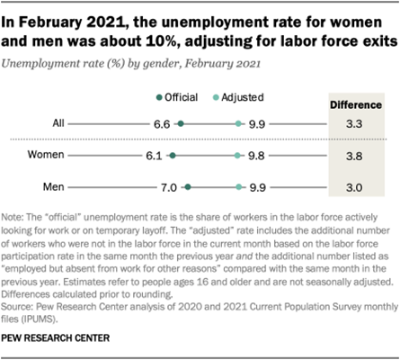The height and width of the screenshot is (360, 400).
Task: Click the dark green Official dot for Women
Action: [173, 156]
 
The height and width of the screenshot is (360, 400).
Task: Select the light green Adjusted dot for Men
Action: [237, 188]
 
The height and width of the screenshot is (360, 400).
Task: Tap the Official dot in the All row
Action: [181, 124]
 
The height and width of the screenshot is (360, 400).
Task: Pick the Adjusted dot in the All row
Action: [237, 124]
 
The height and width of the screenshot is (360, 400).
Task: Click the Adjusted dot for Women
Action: [236, 156]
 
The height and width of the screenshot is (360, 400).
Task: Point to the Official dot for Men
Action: [187, 188]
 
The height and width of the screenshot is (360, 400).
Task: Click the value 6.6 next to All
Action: [163, 124]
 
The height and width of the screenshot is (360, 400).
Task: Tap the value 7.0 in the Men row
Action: [169, 188]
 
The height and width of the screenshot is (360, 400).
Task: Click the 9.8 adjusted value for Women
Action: [255, 156]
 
